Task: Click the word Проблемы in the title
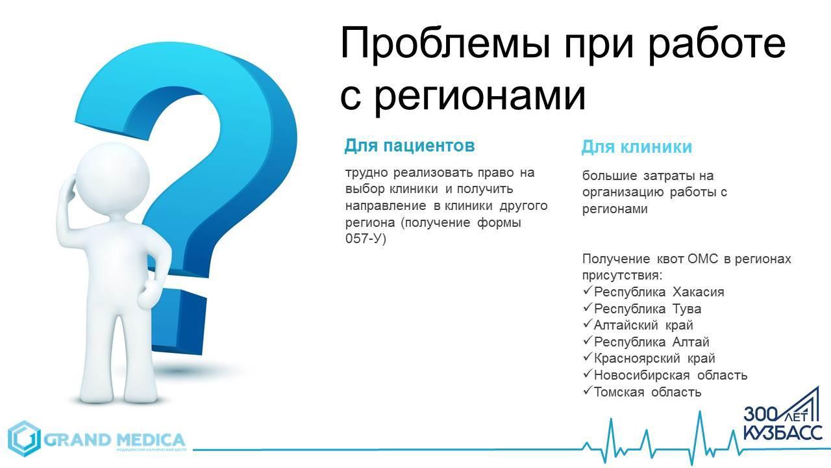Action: [x=445, y=44]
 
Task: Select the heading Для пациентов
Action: [x=410, y=146]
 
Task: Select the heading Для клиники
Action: [x=637, y=146]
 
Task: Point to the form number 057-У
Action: [x=366, y=239]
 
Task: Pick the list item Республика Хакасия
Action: [x=659, y=292]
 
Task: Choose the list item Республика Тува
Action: [x=647, y=309]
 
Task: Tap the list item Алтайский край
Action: [x=643, y=326]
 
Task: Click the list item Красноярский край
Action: [x=654, y=358]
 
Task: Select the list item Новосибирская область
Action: [x=671, y=375]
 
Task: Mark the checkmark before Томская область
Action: [x=587, y=391]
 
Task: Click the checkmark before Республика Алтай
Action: [x=587, y=341]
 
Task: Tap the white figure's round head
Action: [x=112, y=175]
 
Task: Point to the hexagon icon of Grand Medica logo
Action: [x=24, y=439]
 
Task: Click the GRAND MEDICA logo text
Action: [x=114, y=440]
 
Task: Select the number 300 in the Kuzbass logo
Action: [x=758, y=414]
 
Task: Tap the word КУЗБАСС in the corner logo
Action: [x=782, y=434]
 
